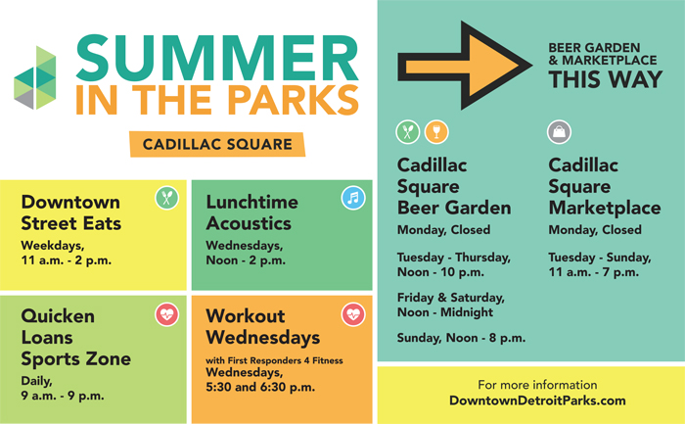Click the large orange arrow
click(x=465, y=66)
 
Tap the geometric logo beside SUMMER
click(x=35, y=77)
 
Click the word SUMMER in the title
click(x=217, y=58)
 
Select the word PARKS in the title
click(x=294, y=100)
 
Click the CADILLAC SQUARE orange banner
click(x=217, y=144)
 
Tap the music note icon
click(x=353, y=198)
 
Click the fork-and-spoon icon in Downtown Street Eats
click(x=167, y=198)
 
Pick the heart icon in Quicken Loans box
click(x=167, y=314)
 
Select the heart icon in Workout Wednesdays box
click(x=353, y=314)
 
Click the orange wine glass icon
click(x=436, y=131)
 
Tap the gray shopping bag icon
click(x=559, y=131)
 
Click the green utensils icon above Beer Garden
click(x=408, y=131)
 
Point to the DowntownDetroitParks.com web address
click(x=537, y=400)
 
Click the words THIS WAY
click(x=606, y=79)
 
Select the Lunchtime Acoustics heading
click(x=252, y=212)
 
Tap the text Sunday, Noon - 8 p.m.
click(x=461, y=338)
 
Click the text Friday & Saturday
click(x=451, y=298)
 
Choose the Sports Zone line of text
click(x=76, y=358)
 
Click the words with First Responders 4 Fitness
click(x=274, y=360)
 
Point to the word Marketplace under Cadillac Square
click(x=605, y=208)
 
